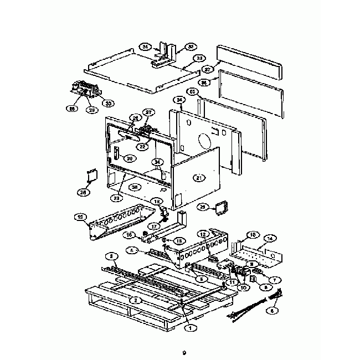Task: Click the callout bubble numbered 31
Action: (x=146, y=46)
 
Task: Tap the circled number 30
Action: (x=109, y=103)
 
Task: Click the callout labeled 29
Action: (x=203, y=207)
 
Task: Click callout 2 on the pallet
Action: (x=135, y=300)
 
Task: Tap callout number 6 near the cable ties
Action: (x=271, y=311)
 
